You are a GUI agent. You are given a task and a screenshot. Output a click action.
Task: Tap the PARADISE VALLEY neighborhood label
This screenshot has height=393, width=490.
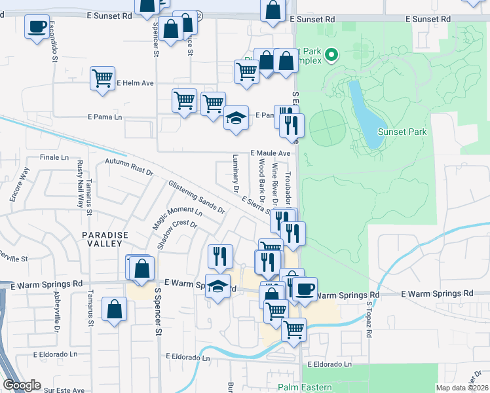pyautogui.click(x=102, y=238)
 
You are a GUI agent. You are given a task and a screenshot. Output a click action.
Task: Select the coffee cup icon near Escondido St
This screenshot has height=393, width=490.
pyautogui.click(x=37, y=27)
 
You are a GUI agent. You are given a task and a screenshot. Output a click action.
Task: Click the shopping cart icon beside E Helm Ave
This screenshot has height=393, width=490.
pyautogui.click(x=103, y=78)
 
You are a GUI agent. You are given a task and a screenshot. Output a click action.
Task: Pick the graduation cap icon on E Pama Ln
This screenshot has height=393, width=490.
pyautogui.click(x=236, y=118)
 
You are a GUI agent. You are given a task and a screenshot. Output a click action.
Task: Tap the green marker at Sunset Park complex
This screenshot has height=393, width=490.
pyautogui.click(x=331, y=55)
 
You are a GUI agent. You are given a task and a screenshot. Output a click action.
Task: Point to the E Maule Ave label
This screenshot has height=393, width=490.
pyautogui.click(x=270, y=153)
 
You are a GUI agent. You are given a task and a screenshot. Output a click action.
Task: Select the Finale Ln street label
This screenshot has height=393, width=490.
pyautogui.click(x=54, y=158)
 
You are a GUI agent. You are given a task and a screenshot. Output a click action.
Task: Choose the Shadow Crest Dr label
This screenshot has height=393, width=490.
pyautogui.click(x=177, y=232)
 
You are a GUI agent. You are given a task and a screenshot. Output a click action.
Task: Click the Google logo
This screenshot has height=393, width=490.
pyautogui.click(x=22, y=385)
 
